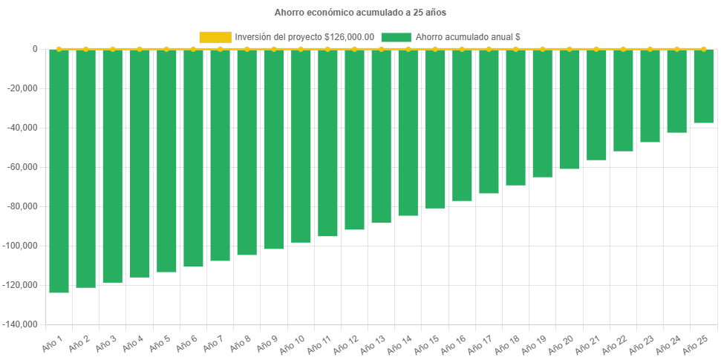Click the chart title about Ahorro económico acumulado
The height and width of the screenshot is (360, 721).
coord(360,13)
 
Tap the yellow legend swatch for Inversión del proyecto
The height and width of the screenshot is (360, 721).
coord(215,37)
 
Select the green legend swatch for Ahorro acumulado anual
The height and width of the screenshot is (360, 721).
coord(395,37)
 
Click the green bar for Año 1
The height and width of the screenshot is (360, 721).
coord(59,171)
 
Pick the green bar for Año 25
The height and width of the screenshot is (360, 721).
coord(703,86)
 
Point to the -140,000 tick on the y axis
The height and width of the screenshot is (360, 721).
coord(22,324)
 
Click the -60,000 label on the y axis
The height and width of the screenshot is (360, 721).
coord(24,167)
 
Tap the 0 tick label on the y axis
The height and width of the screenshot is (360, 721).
coord(35,49)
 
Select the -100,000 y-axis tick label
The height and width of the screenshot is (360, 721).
coord(22,246)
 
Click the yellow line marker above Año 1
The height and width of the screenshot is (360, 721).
coord(59,49)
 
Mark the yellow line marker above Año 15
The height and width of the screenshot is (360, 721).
coord(434,49)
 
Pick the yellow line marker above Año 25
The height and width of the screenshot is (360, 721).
coord(703,49)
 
